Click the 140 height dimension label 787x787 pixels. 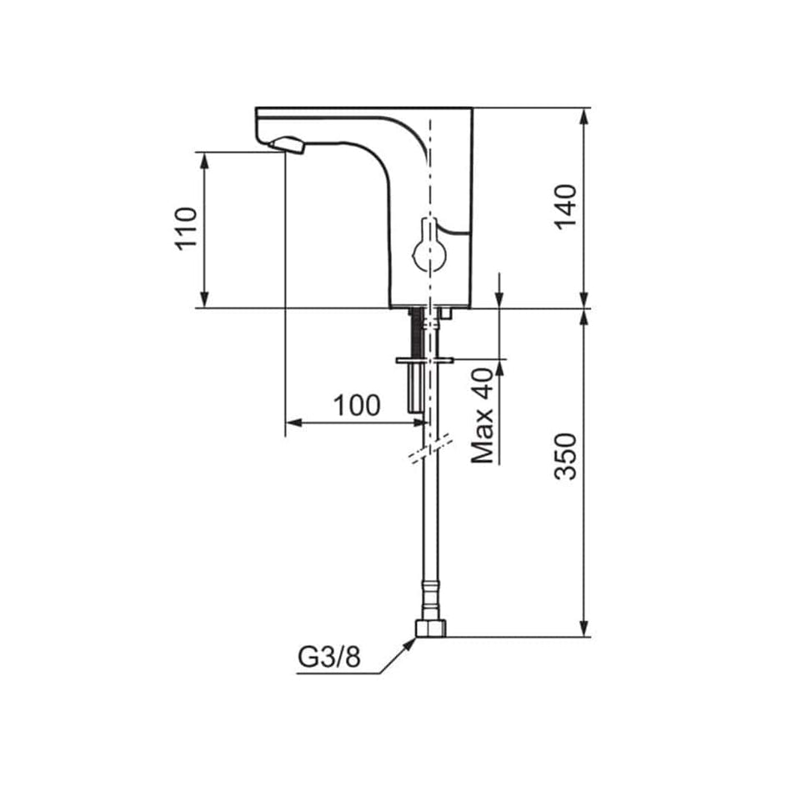point(565,206)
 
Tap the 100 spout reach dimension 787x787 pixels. point(357,405)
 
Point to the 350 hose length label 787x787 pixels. point(565,456)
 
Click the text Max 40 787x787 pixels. point(483,415)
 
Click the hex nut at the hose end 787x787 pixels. point(431,629)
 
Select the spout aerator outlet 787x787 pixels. point(287,146)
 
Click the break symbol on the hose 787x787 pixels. point(431,449)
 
